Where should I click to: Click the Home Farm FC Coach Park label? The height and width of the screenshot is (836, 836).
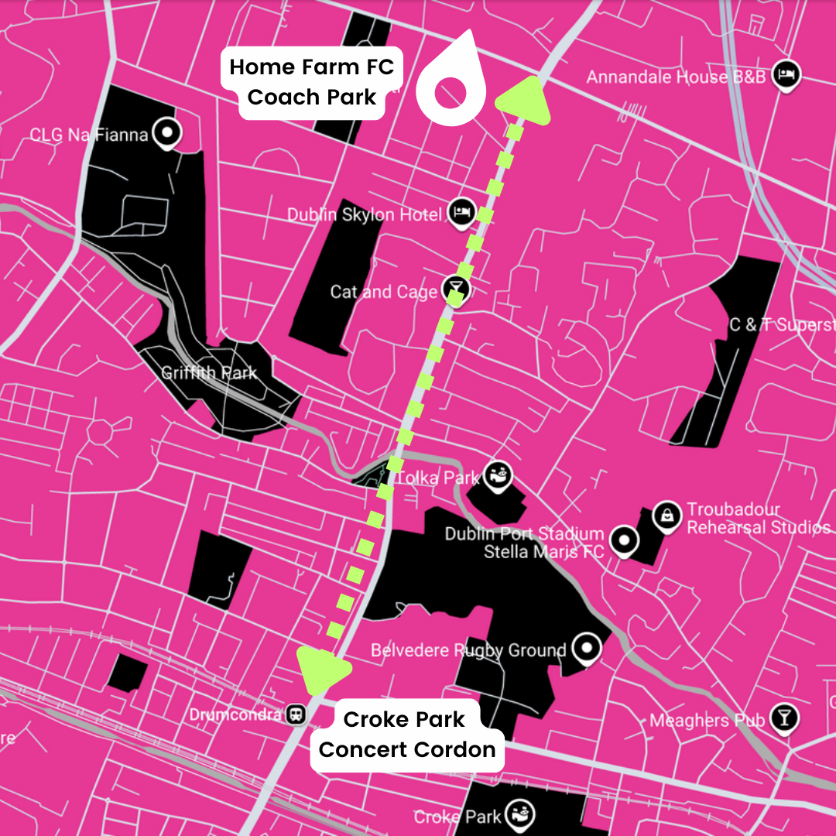[311, 82]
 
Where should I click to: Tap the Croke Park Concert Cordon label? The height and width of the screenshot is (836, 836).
[406, 735]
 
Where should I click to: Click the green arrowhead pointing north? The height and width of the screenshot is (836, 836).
[526, 99]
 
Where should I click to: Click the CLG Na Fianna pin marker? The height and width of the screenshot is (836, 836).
[166, 134]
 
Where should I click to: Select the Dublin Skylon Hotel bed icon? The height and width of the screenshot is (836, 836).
[461, 213]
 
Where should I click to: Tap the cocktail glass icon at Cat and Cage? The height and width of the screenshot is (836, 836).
[457, 290]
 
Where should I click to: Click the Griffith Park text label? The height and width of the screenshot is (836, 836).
[209, 373]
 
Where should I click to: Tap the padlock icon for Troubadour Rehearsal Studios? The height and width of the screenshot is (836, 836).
[666, 515]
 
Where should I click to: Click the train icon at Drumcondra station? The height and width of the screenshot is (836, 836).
[296, 714]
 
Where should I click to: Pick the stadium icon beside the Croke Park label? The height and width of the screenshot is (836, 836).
[519, 814]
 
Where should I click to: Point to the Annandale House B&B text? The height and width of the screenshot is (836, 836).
[676, 77]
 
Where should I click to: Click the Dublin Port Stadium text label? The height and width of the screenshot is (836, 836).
[524, 533]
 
